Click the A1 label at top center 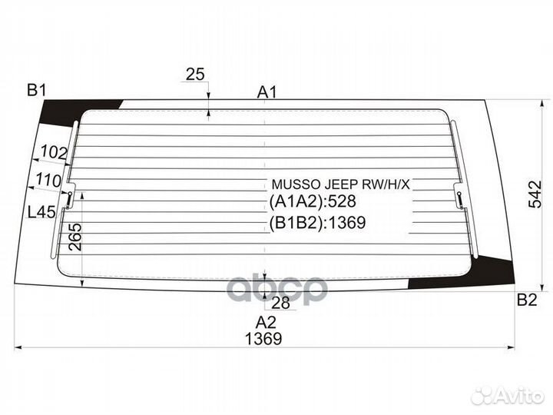pyautogui.click(x=267, y=92)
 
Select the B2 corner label pyautogui.click(x=527, y=300)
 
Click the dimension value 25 pyautogui.click(x=195, y=75)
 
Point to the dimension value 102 pyautogui.click(x=52, y=153)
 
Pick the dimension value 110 pyautogui.click(x=48, y=181)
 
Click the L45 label pyautogui.click(x=41, y=213)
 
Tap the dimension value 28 pyautogui.click(x=281, y=302)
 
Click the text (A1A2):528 pyautogui.click(x=313, y=203)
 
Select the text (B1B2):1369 pyautogui.click(x=316, y=224)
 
